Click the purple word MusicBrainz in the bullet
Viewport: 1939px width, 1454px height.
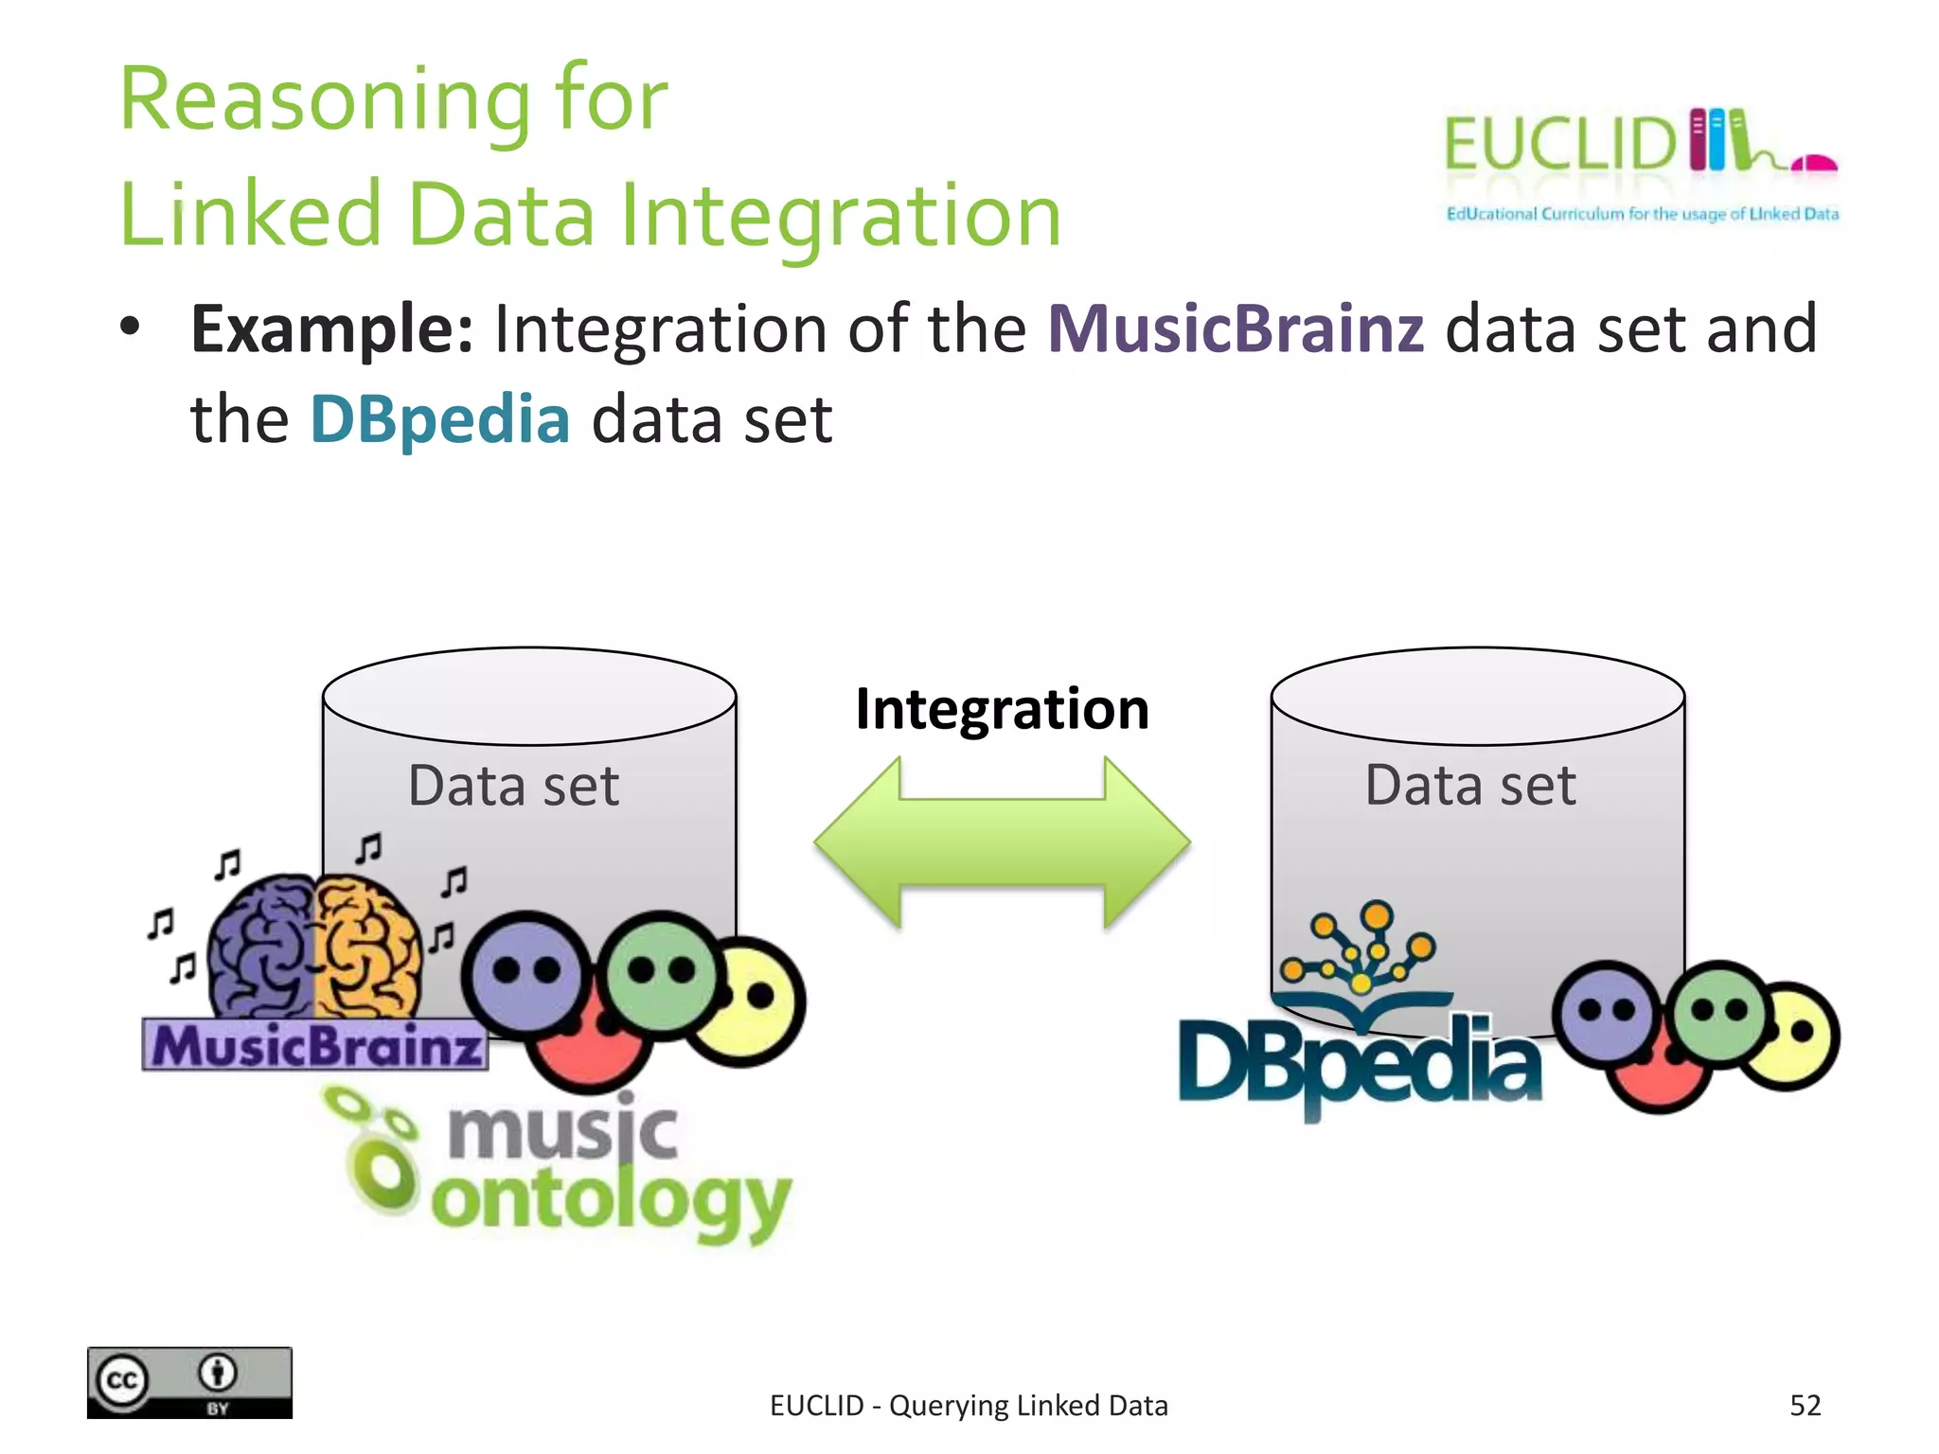[x=1236, y=329]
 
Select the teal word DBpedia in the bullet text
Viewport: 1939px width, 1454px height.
[x=440, y=419]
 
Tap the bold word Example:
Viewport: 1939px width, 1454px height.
[x=331, y=329]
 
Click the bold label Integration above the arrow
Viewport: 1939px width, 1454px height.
[x=1002, y=709]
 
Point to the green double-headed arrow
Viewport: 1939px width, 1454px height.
[x=1002, y=842]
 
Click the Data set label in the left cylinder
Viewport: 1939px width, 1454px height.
[x=513, y=786]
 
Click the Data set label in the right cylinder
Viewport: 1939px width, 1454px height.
[x=1470, y=785]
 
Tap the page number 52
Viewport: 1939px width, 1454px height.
[x=1805, y=1405]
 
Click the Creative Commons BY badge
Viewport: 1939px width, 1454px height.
[x=189, y=1382]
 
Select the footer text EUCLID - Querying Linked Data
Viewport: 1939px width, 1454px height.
[x=969, y=1406]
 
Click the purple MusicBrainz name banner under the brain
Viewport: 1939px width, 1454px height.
[x=314, y=1046]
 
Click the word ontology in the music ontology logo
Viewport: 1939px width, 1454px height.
[x=611, y=1200]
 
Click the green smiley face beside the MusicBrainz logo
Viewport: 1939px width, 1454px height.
[x=661, y=973]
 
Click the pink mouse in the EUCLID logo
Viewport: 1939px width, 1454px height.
[x=1816, y=164]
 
